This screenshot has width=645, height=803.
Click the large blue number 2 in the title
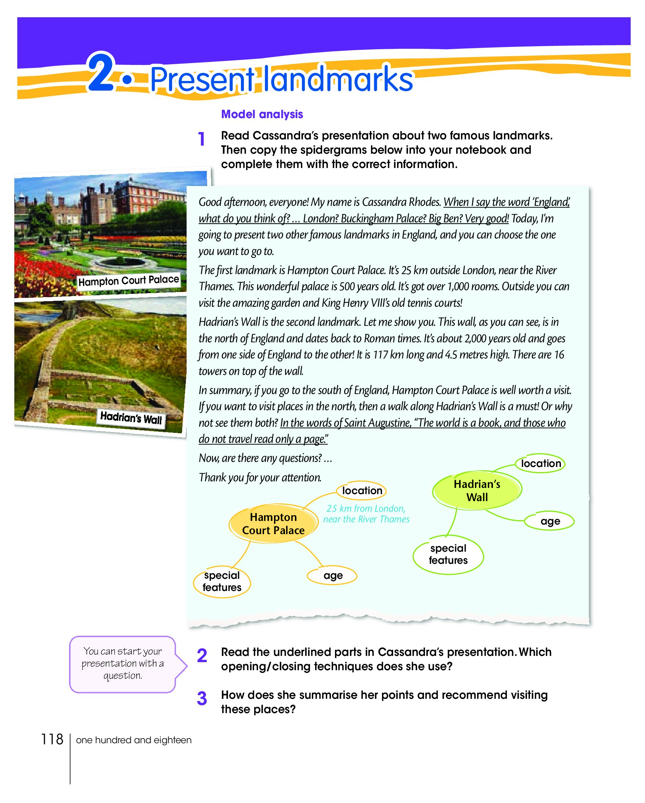coord(101,73)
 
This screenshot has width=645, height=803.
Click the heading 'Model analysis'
coord(262,114)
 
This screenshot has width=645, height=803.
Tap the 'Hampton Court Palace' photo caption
coord(128,281)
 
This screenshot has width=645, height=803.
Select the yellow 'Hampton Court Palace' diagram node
coord(273,524)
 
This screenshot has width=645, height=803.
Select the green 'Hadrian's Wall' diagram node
coord(477,490)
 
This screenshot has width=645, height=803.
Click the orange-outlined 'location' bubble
coord(362,491)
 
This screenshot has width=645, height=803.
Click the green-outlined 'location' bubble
coord(541,463)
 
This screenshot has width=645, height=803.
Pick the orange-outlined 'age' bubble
coord(332,576)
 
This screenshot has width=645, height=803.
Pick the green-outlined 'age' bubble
coord(550,521)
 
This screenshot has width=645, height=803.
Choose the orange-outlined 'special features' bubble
coord(222,581)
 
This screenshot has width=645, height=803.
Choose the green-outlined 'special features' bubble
coord(448,554)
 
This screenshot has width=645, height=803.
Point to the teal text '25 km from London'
coord(366,509)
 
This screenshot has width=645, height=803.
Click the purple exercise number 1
coord(202,139)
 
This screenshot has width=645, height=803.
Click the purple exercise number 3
coord(202,698)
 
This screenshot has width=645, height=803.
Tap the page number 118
coord(52,739)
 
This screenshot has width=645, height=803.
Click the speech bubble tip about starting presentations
coord(123,663)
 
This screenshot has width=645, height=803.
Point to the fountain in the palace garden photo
coord(120,261)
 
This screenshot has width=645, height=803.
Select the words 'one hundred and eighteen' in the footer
coord(133,740)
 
